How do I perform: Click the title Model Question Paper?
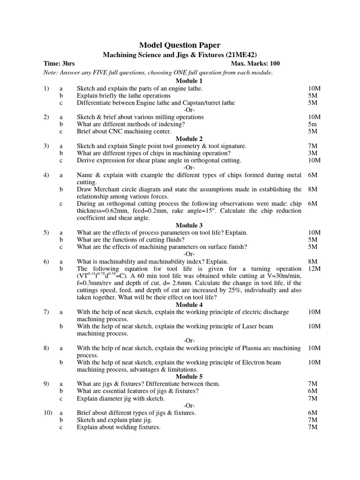point(180,45)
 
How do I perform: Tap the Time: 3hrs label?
point(59,64)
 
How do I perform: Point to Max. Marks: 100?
point(255,64)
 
